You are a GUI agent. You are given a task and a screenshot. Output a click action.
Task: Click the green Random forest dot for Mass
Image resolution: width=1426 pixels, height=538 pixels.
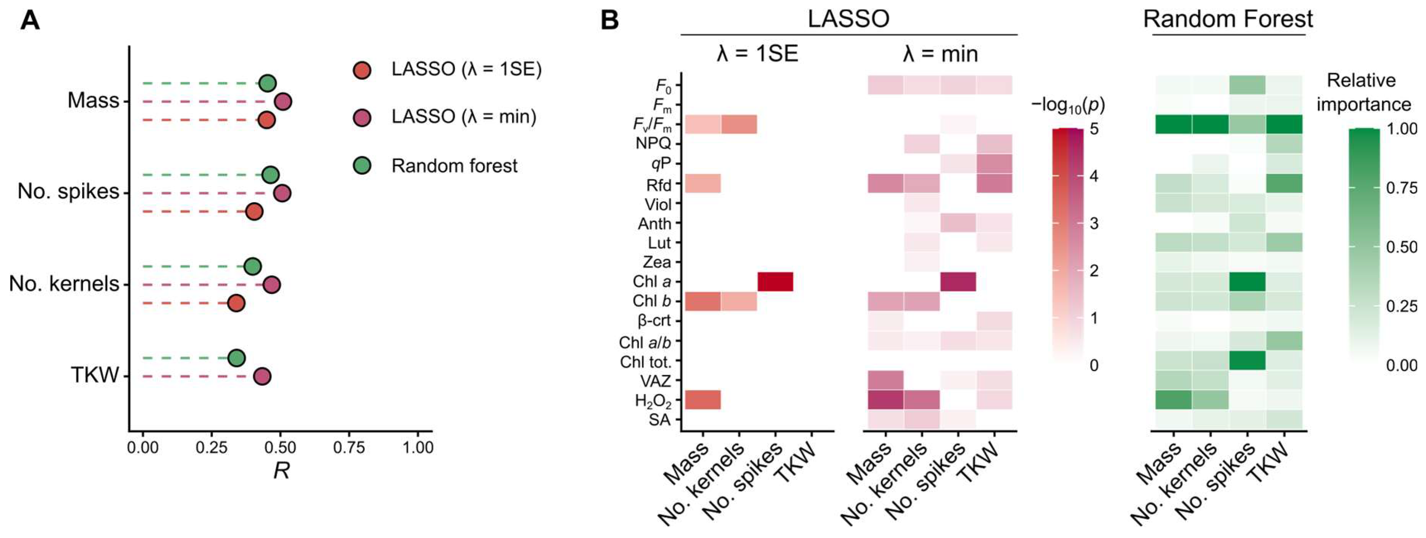pyautogui.click(x=267, y=84)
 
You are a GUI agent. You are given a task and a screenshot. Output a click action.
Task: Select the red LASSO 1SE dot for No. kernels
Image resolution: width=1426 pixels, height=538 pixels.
pyautogui.click(x=236, y=303)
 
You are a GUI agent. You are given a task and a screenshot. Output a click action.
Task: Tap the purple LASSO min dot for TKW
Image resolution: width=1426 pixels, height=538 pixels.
pyautogui.click(x=262, y=377)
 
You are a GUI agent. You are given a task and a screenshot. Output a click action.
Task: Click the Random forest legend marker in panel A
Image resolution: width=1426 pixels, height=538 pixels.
pyautogui.click(x=362, y=165)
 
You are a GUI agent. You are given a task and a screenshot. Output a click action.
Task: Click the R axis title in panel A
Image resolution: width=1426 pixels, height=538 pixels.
pyautogui.click(x=282, y=471)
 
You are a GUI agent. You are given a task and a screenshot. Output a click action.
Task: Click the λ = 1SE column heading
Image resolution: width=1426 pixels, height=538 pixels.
pyautogui.click(x=757, y=54)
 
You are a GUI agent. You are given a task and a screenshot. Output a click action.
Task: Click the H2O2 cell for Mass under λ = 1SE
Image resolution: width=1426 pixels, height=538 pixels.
pyautogui.click(x=703, y=399)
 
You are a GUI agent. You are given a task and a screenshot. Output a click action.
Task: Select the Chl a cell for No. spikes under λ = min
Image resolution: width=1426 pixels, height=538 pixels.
pyautogui.click(x=958, y=282)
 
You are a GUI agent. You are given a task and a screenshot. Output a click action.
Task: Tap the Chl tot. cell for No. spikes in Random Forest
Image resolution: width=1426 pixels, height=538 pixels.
pyautogui.click(x=1247, y=360)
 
